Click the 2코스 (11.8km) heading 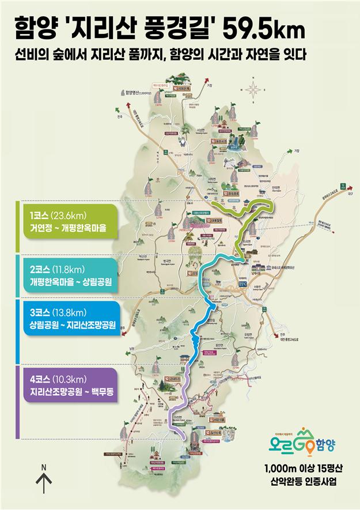[58, 269]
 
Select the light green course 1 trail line [245, 210]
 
